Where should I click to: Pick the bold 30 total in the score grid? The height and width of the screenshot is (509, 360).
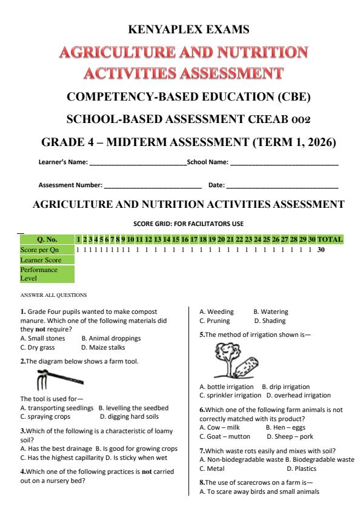point(322,250)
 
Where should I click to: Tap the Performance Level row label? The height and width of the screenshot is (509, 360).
point(38,273)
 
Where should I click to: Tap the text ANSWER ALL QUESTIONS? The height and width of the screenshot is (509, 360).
point(53,296)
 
